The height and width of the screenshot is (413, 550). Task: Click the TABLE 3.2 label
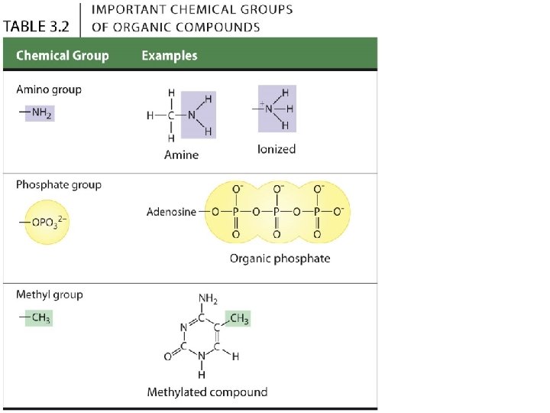[37, 25]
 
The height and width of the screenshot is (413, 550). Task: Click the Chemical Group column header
[63, 55]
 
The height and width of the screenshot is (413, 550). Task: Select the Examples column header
[170, 55]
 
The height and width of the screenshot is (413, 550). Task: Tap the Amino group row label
[49, 89]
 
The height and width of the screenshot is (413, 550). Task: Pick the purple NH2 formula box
[38, 114]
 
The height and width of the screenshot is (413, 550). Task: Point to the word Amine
[181, 154]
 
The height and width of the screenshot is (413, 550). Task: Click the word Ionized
[276, 149]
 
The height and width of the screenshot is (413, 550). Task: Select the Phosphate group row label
[59, 185]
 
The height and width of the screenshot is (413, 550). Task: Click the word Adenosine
[171, 212]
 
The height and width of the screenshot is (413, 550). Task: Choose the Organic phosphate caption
[280, 259]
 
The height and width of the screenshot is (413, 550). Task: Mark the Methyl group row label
[50, 294]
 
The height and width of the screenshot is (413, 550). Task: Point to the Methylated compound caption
[207, 392]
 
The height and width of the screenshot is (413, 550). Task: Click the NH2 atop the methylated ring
[208, 298]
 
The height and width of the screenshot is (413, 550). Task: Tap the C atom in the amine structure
[173, 115]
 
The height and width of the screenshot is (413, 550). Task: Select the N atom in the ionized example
[269, 109]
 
